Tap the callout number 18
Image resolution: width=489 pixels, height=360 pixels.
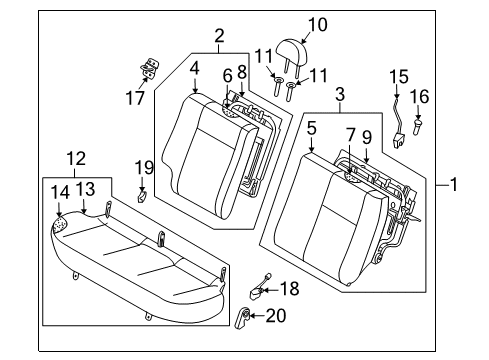click(x=289, y=289)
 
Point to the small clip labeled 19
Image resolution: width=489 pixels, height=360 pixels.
click(x=143, y=194)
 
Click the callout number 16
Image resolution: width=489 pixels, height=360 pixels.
click(x=421, y=96)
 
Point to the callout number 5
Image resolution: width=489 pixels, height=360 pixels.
click(x=313, y=128)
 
